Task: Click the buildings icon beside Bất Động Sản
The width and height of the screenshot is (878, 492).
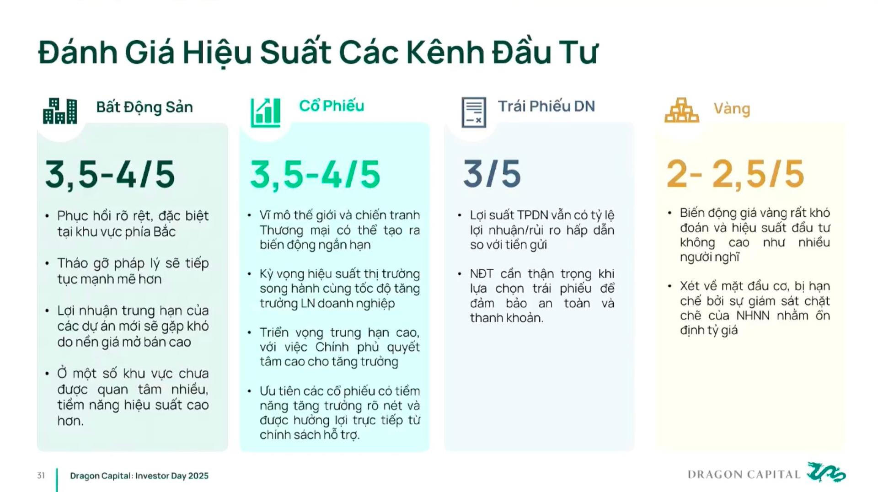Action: [60, 111]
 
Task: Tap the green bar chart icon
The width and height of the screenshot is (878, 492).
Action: [265, 112]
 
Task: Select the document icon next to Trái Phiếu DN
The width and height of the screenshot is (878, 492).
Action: [474, 112]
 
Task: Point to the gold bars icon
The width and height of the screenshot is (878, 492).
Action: [681, 110]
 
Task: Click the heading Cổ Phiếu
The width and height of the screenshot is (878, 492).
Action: [332, 106]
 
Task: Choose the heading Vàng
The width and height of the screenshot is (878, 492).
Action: [732, 109]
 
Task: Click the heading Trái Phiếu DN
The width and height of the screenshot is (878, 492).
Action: [546, 106]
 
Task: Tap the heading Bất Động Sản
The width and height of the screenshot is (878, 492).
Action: [145, 107]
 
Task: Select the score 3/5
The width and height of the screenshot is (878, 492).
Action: [492, 174]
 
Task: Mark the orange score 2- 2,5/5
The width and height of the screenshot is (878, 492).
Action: [735, 175]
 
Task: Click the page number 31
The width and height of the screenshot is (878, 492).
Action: [41, 476]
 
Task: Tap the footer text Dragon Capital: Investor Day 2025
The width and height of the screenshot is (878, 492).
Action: [139, 476]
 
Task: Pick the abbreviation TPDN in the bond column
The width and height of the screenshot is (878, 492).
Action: [532, 215]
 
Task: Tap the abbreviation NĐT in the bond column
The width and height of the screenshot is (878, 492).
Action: [482, 273]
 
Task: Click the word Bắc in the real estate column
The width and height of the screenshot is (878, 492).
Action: [164, 231]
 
